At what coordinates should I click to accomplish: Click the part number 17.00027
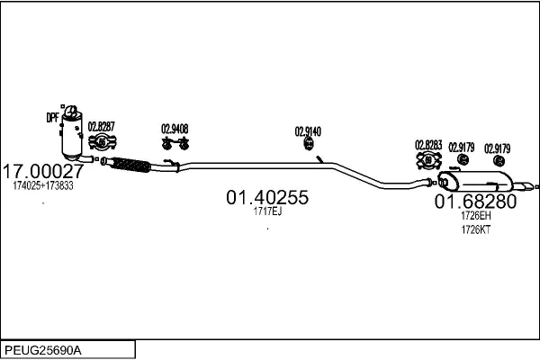(x=43, y=171)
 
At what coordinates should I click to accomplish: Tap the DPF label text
(x=53, y=118)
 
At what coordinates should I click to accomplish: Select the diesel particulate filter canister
(x=72, y=134)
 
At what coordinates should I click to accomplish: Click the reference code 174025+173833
(x=43, y=185)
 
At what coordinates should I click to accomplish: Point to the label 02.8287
(x=101, y=126)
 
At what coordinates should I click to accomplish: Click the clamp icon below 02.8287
(x=103, y=141)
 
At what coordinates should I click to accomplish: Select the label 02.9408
(x=175, y=129)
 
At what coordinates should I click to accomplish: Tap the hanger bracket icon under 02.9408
(x=175, y=143)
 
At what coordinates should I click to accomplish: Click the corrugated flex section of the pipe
(x=131, y=165)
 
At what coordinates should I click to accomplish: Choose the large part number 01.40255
(x=267, y=197)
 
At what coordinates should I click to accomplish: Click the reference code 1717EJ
(x=267, y=211)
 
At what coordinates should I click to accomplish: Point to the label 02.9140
(x=308, y=131)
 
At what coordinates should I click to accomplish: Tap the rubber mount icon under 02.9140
(x=309, y=143)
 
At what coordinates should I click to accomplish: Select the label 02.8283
(x=428, y=145)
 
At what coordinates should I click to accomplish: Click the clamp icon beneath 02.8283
(x=428, y=160)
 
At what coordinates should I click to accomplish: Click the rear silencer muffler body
(x=476, y=181)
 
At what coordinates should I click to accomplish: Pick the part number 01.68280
(x=475, y=202)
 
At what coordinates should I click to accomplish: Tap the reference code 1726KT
(x=475, y=229)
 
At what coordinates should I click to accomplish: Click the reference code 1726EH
(x=476, y=216)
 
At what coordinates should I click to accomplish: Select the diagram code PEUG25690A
(x=43, y=350)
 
